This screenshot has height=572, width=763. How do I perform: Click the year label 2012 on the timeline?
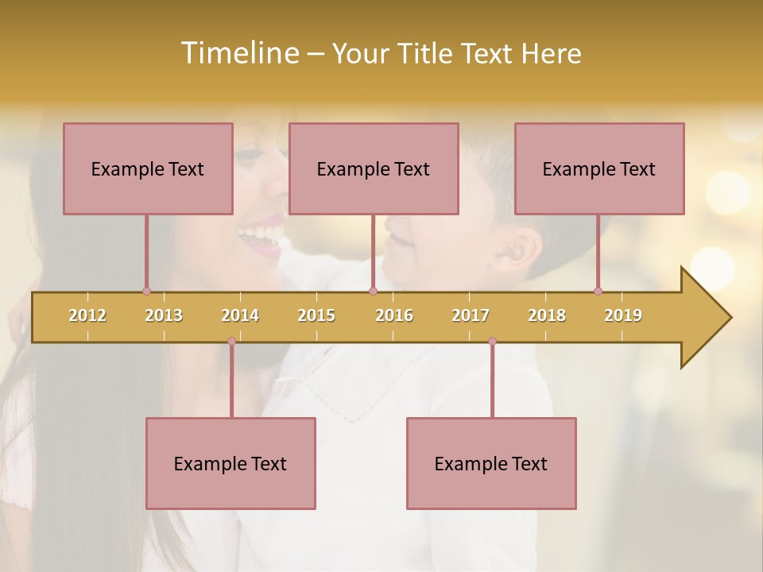pos(87,315)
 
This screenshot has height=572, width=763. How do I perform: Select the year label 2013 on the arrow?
pos(164,315)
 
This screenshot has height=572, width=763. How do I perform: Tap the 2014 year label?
pos(240,315)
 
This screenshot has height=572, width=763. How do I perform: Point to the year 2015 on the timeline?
pos(316,315)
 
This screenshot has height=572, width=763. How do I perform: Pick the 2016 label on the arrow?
pos(394,315)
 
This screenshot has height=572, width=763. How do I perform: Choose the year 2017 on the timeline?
pos(471,315)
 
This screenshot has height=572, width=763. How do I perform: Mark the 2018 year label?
pos(547,315)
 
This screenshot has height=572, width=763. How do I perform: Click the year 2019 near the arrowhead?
pos(623,315)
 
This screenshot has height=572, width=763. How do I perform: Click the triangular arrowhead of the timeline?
pos(704,318)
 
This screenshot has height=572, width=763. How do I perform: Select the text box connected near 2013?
pos(148,168)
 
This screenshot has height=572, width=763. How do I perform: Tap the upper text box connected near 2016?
pos(374,168)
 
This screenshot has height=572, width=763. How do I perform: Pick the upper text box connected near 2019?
pos(599,168)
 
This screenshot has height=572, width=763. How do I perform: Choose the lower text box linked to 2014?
pos(230,463)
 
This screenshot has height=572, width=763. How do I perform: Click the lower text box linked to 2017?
pos(491,463)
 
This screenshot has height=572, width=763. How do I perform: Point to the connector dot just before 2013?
pos(146,292)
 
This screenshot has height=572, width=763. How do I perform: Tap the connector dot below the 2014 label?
pos(231,342)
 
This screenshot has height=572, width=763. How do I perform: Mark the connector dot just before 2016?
pos(373,292)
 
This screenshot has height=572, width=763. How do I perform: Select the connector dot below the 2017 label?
pos(492,342)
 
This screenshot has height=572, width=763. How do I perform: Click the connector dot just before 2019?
pos(598,292)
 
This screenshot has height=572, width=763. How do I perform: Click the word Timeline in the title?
pos(238,53)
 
